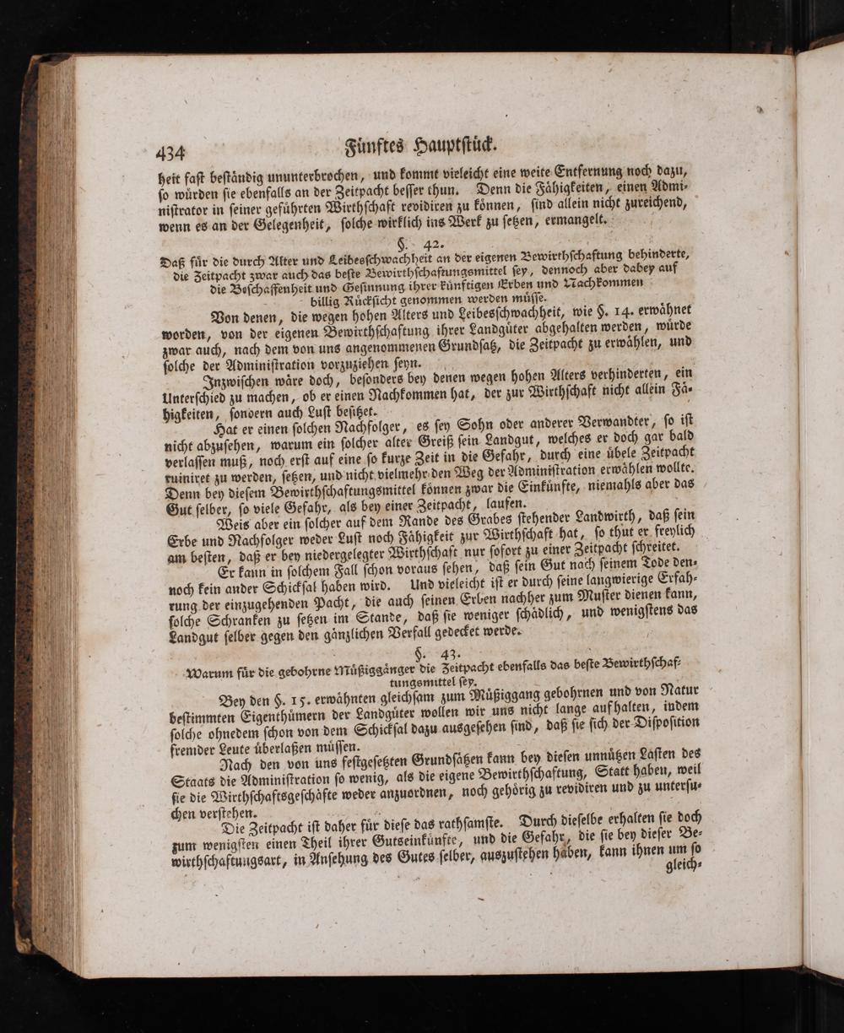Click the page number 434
point(170,153)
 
